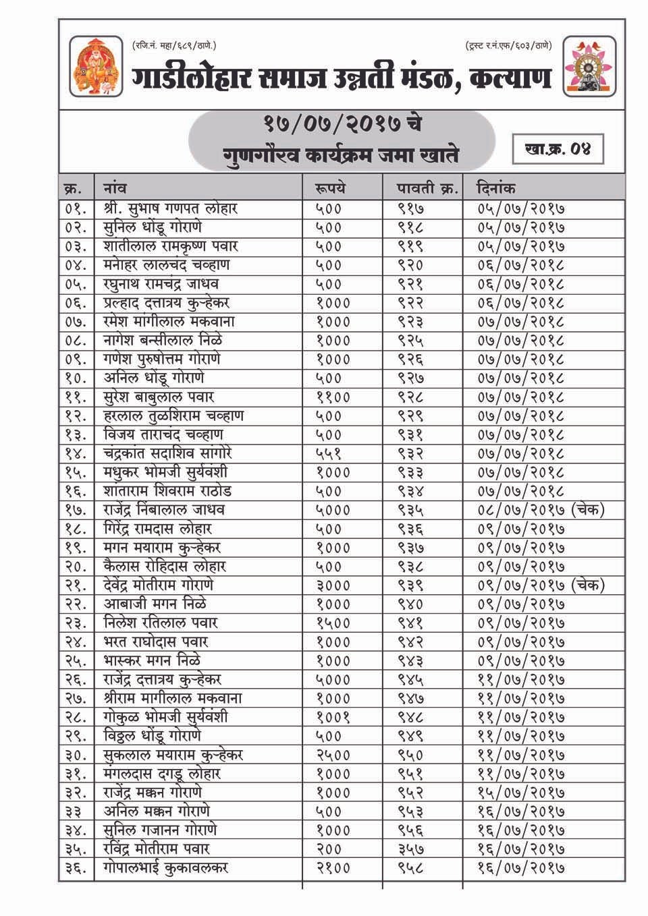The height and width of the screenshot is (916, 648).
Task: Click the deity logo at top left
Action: tap(97, 67)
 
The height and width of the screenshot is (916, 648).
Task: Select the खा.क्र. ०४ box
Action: tap(557, 149)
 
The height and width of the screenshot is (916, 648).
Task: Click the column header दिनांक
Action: tap(496, 188)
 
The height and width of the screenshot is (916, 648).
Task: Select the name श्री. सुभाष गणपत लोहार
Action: tap(170, 208)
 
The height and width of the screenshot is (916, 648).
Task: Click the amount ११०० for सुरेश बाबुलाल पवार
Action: tap(333, 397)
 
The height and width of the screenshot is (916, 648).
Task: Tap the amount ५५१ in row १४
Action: tap(329, 453)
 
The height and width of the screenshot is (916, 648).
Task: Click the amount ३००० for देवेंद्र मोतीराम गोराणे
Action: tap(333, 585)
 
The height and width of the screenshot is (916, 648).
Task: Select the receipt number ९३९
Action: tap(411, 585)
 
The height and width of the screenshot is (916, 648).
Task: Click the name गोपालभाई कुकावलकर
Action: tap(166, 868)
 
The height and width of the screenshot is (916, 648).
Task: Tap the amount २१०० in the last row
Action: tap(333, 868)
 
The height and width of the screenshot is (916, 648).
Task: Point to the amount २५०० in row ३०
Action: tap(333, 755)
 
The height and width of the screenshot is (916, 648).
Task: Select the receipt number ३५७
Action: tap(411, 849)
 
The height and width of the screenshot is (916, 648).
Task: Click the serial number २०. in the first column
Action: tap(76, 567)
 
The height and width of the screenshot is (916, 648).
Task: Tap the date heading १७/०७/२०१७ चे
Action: tap(343, 125)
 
